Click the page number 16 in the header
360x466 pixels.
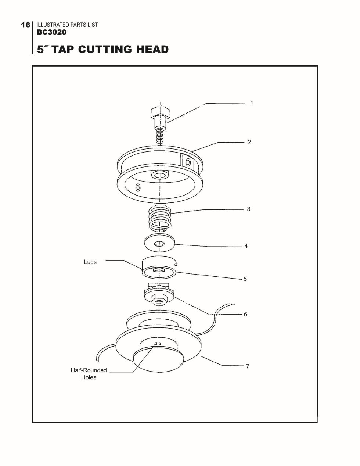tap(25, 25)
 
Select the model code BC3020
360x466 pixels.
tap(52, 32)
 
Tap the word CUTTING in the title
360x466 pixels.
tap(105, 49)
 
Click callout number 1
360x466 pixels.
tap(252, 103)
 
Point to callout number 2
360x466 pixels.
tap(249, 142)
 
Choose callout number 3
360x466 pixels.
tap(249, 209)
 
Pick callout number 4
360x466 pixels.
tap(246, 246)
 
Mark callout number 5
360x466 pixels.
tap(245, 279)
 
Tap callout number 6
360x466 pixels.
tap(245, 314)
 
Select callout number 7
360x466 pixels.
tap(248, 366)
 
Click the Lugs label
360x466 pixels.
tap(90, 262)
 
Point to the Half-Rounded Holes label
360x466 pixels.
tap(89, 374)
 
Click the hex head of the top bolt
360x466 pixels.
tap(161, 112)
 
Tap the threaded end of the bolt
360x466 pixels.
tap(160, 136)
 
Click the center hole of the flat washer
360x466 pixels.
tap(159, 244)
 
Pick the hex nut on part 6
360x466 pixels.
tap(159, 300)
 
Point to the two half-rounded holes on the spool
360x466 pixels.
tap(158, 344)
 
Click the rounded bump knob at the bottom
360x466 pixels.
tap(159, 361)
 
